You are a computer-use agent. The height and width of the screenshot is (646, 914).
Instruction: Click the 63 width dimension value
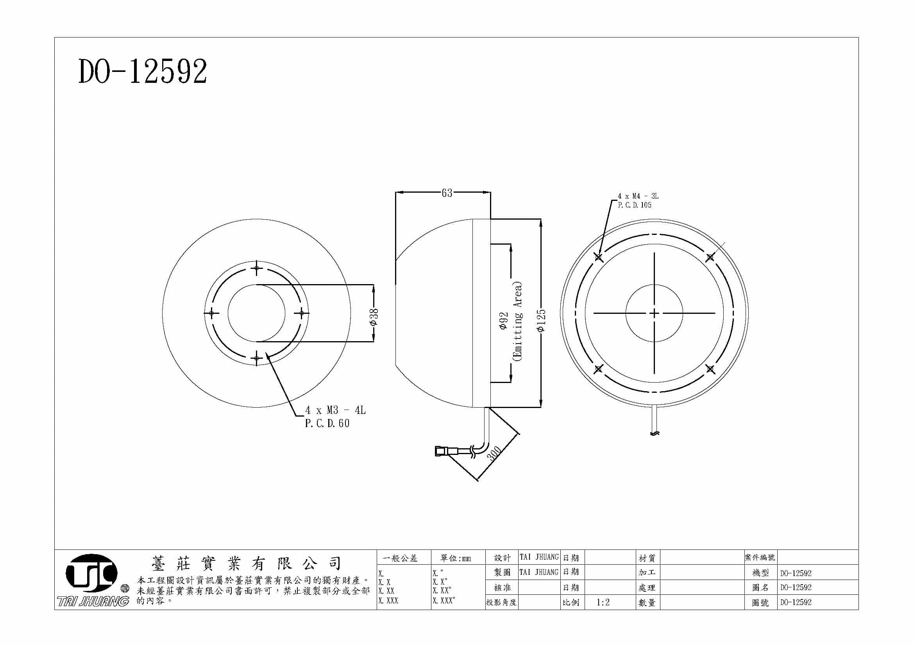tap(447, 193)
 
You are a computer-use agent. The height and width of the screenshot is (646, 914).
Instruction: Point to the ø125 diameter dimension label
tap(541, 321)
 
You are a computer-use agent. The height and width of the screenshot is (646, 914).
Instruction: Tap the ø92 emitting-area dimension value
tap(504, 320)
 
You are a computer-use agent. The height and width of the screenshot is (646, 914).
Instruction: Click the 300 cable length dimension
tap(494, 454)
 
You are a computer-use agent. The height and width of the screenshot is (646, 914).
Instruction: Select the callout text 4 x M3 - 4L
tap(335, 410)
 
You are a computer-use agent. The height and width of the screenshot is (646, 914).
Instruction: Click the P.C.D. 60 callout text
tap(327, 424)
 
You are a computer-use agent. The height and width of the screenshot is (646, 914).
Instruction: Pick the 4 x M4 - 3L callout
tap(638, 196)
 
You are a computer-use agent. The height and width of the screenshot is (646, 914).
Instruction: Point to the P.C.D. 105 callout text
tap(635, 205)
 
